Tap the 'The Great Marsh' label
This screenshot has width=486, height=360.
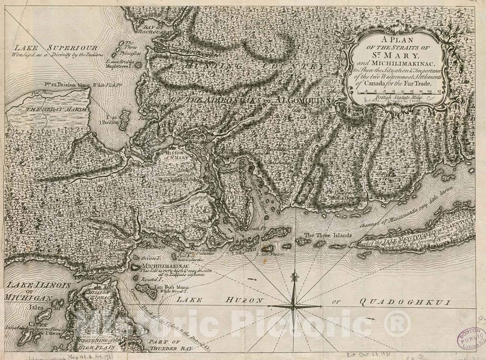[57, 109]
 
